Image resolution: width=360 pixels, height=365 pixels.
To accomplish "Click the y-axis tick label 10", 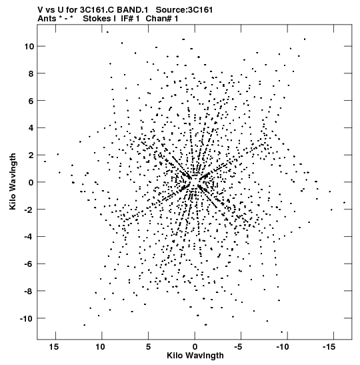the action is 29,47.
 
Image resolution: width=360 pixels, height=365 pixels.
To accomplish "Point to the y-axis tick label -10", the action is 27,318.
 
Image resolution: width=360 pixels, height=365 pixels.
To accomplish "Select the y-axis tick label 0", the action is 31,183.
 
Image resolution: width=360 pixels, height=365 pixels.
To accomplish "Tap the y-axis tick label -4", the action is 29,237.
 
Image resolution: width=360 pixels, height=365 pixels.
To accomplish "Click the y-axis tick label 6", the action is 31,101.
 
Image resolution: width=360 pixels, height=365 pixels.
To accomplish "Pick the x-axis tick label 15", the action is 53,347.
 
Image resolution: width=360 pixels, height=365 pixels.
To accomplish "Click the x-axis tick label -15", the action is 329,347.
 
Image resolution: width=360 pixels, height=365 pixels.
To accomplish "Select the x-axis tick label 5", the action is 149,347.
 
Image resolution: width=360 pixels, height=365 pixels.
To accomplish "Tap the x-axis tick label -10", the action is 283,347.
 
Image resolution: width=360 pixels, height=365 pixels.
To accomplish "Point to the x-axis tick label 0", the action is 195,347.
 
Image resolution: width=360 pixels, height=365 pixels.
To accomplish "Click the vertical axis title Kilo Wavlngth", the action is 13,181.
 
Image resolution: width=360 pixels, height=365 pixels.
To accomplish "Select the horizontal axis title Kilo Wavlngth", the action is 195,356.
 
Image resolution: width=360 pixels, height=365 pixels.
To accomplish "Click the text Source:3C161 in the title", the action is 184,10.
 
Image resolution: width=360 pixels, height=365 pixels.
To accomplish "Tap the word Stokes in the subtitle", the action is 97,19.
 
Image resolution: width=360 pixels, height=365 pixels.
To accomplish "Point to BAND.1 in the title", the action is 132,10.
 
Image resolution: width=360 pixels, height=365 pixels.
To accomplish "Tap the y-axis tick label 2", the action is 31,155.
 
